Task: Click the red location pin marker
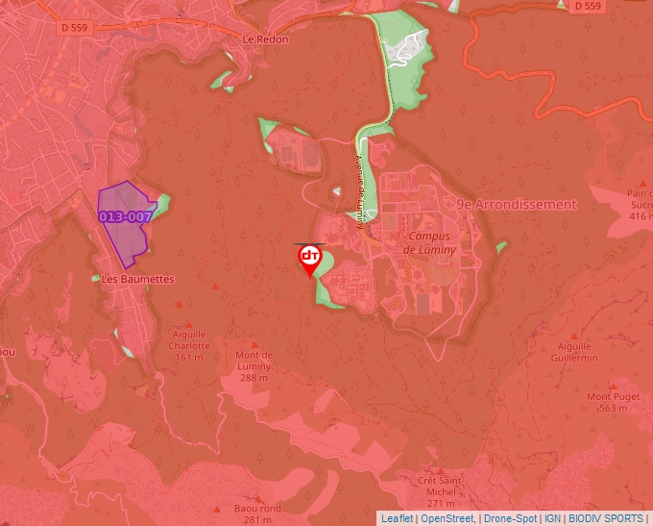pyautogui.click(x=309, y=258)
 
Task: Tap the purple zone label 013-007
pyautogui.click(x=125, y=216)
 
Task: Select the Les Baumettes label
pyautogui.click(x=138, y=279)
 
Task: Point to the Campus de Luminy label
pyautogui.click(x=431, y=242)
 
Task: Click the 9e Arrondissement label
pyautogui.click(x=516, y=204)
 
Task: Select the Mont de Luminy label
pyautogui.click(x=254, y=360)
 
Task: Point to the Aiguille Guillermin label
pyautogui.click(x=573, y=353)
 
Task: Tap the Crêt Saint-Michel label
pyautogui.click(x=441, y=485)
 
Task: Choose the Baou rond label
pyautogui.click(x=256, y=509)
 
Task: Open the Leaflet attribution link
pyautogui.click(x=397, y=518)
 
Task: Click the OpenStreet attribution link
pyautogui.click(x=447, y=518)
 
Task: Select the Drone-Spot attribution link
pyautogui.click(x=510, y=518)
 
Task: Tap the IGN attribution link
pyautogui.click(x=552, y=518)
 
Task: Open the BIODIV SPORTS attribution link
pyautogui.click(x=606, y=518)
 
